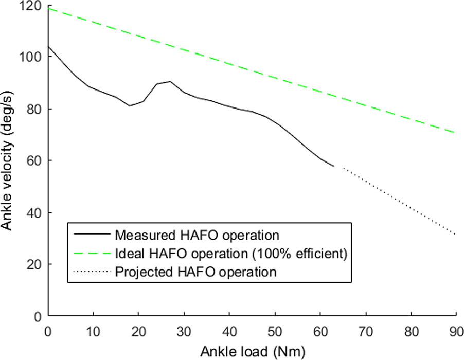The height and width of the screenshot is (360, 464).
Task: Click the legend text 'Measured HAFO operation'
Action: (197, 236)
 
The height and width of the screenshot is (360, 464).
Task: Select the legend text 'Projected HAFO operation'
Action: (196, 272)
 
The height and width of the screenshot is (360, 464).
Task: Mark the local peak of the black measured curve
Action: (170, 81)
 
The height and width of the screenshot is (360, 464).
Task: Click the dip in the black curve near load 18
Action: (129, 105)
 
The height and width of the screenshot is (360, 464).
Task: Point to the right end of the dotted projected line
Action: (456, 235)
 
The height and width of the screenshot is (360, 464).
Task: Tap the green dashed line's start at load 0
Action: (49, 8)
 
